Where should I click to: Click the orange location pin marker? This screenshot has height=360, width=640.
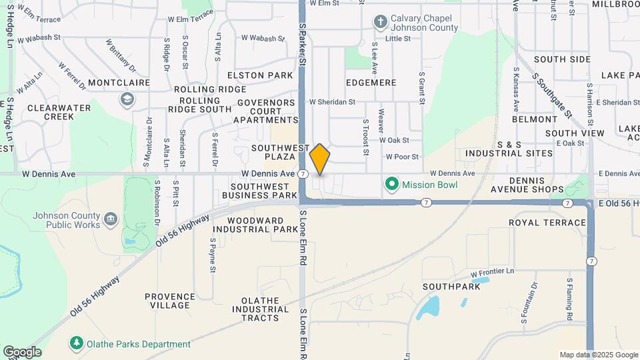[320, 159]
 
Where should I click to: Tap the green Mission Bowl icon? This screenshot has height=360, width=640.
[391, 184]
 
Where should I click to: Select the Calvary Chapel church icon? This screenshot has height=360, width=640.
[381, 23]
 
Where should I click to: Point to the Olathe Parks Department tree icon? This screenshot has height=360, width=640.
[77, 344]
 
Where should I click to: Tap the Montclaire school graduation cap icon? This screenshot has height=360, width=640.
[126, 100]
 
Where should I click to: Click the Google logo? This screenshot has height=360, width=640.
[22, 352]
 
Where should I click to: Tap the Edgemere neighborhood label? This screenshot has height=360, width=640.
[371, 83]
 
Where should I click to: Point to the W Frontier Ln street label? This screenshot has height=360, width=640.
[492, 273]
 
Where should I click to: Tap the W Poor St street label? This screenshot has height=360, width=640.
[402, 157]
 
